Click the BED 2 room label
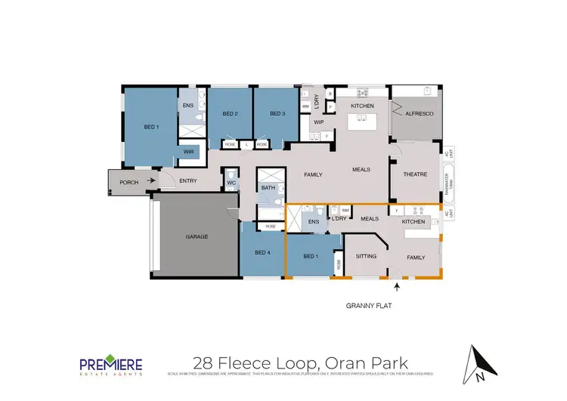click(x=230, y=114)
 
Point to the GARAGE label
click(x=197, y=236)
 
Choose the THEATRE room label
click(x=415, y=174)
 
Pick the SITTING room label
click(x=366, y=257)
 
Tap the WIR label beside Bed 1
click(x=188, y=152)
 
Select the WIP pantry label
click(x=318, y=122)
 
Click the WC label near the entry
click(x=231, y=182)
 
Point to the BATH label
click(x=268, y=187)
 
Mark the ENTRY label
click(x=187, y=180)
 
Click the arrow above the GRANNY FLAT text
click(x=397, y=286)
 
